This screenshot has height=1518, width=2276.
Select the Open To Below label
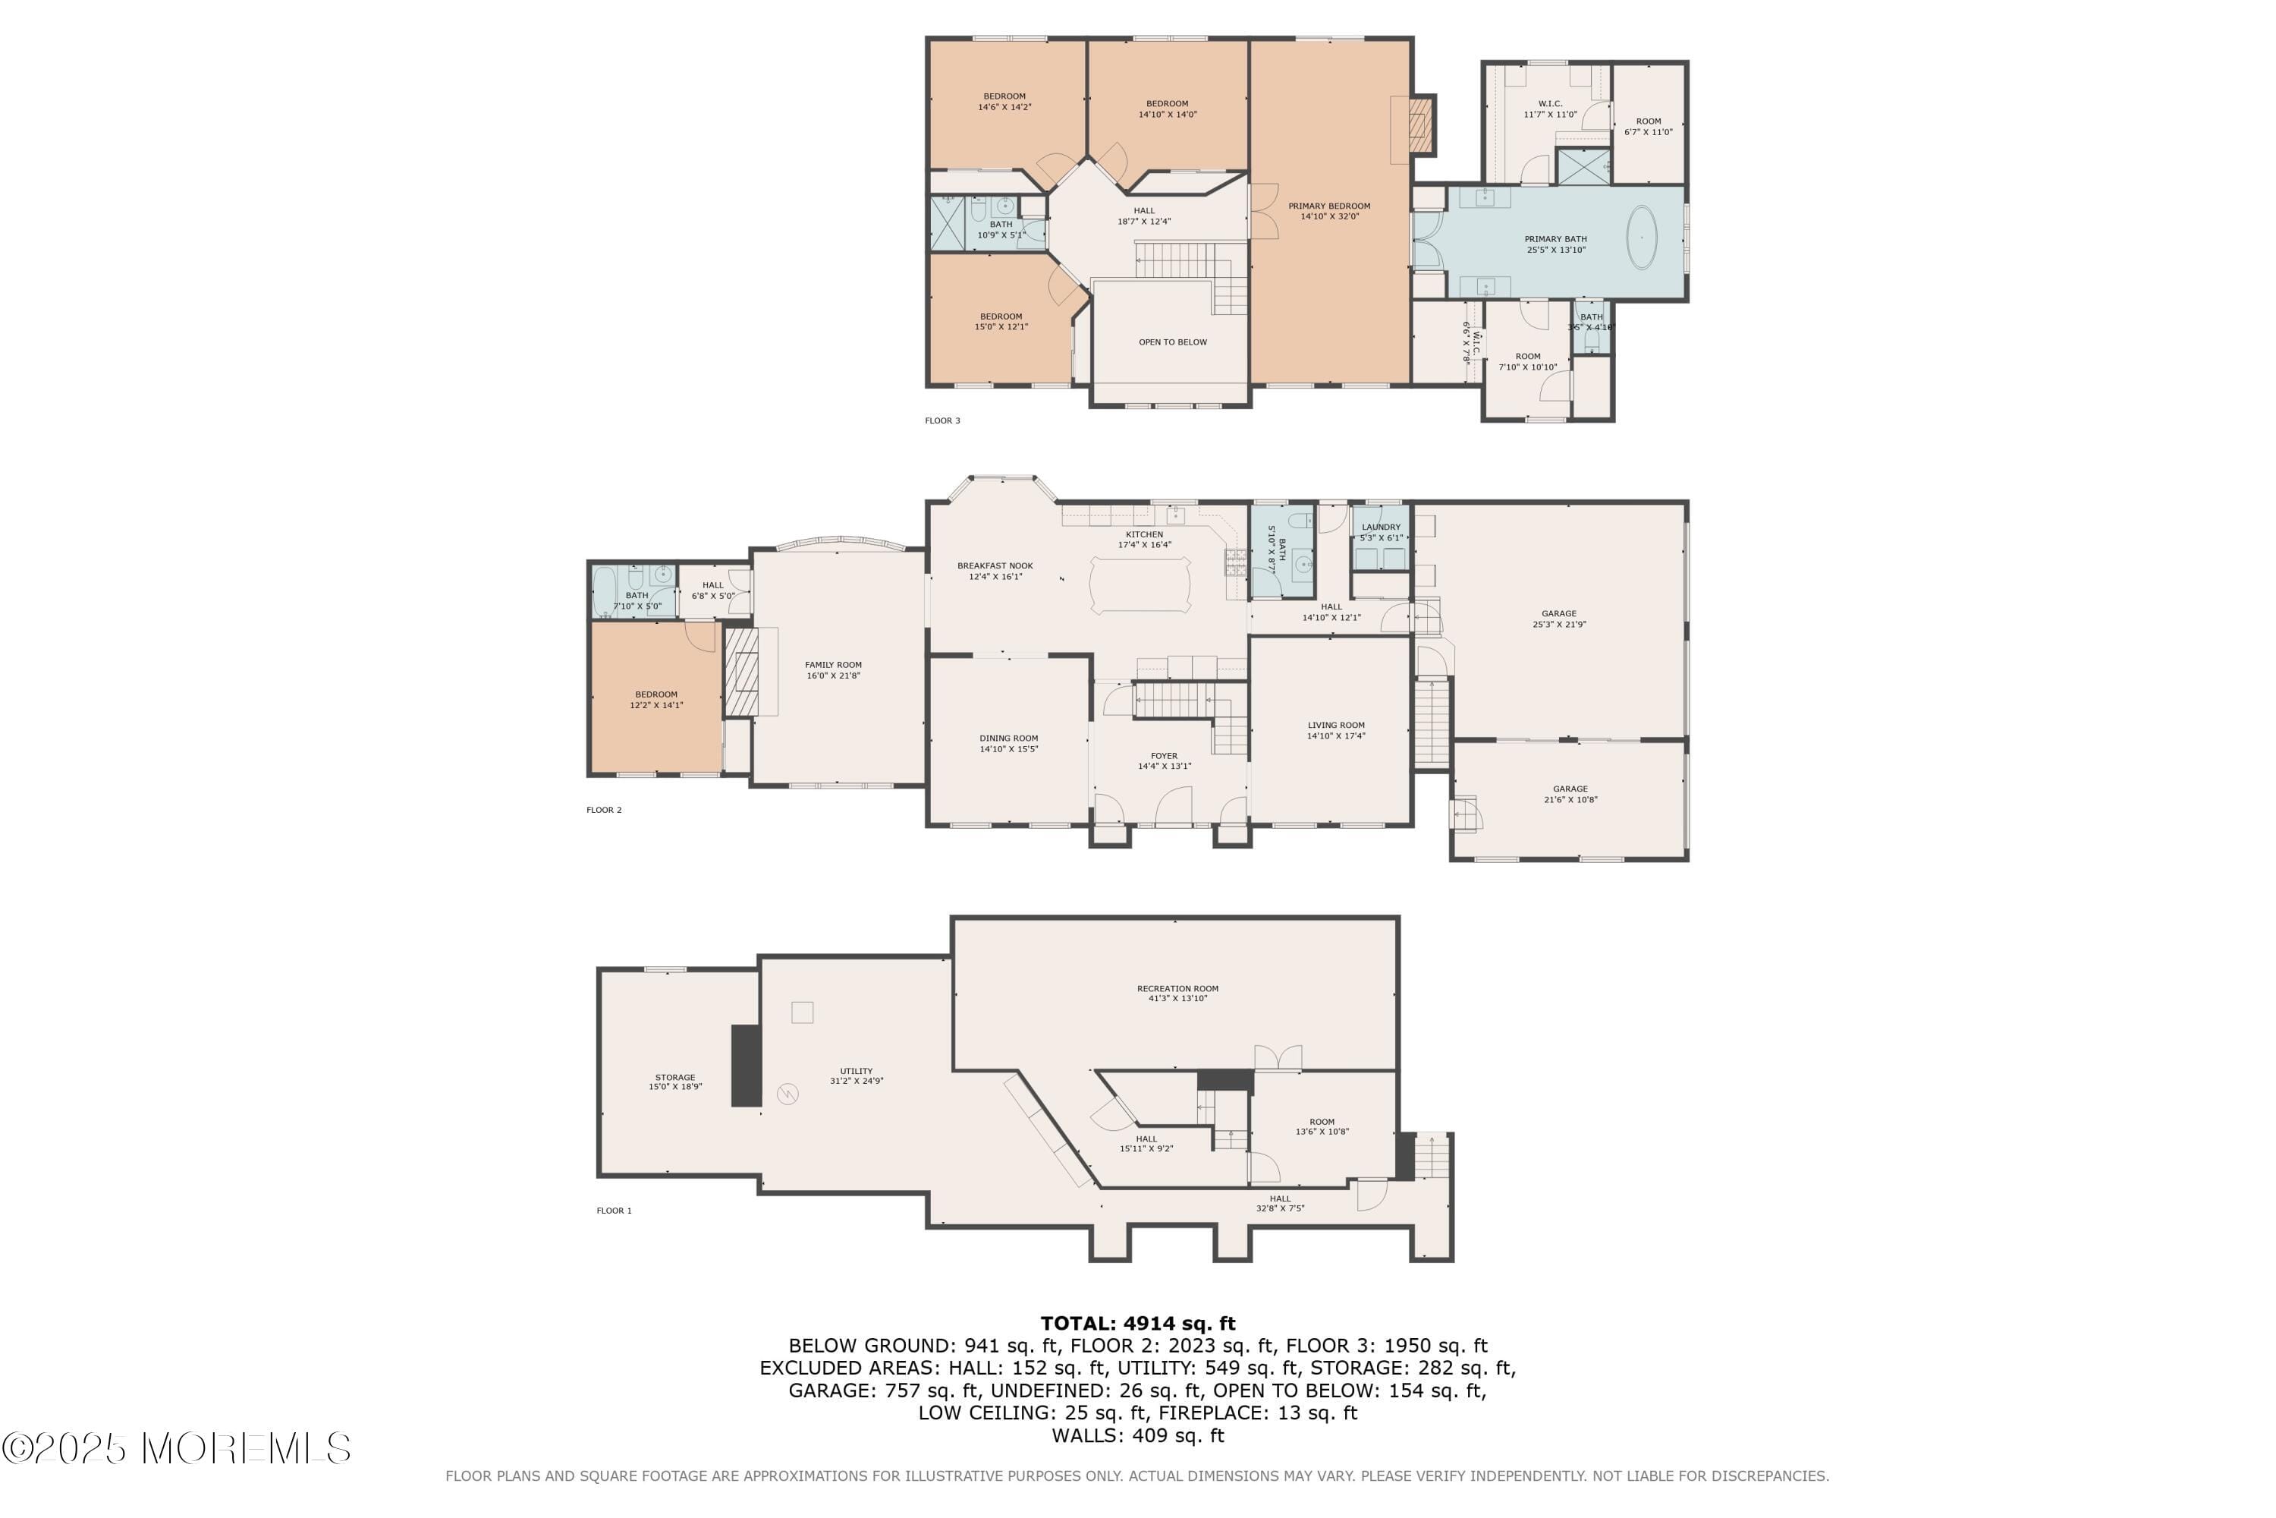pos(1172,342)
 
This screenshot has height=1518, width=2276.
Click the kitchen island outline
pos(1140,584)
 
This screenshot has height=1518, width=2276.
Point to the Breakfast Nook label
pos(995,566)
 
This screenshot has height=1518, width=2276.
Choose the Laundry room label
pos(1380,528)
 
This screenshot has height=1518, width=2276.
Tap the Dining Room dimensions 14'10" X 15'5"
pos(1008,749)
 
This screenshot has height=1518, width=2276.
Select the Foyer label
pos(1164,756)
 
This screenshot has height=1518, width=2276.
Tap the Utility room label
pos(856,1072)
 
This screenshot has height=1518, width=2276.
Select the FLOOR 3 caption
pos(942,421)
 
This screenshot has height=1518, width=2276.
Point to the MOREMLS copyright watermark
pos(176,1449)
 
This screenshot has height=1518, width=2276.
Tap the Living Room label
pos(1335,725)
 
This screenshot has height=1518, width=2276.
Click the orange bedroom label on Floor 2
pos(656,694)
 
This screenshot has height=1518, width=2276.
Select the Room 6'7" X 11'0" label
pos(1648,122)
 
